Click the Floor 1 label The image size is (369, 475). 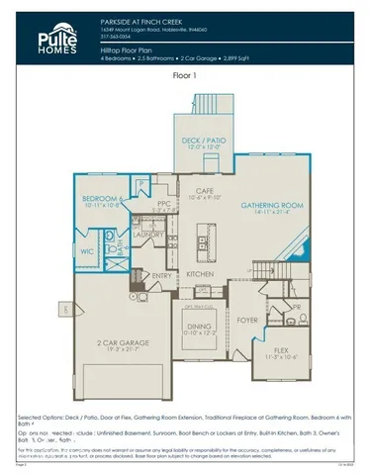pyautogui.click(x=185, y=74)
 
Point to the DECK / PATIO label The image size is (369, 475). pyautogui.click(x=204, y=141)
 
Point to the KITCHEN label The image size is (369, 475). pyautogui.click(x=202, y=272)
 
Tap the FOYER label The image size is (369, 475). pyautogui.click(x=245, y=320)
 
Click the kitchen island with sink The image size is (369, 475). pyautogui.click(x=203, y=237)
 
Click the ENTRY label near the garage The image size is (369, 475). pyautogui.click(x=162, y=275)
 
